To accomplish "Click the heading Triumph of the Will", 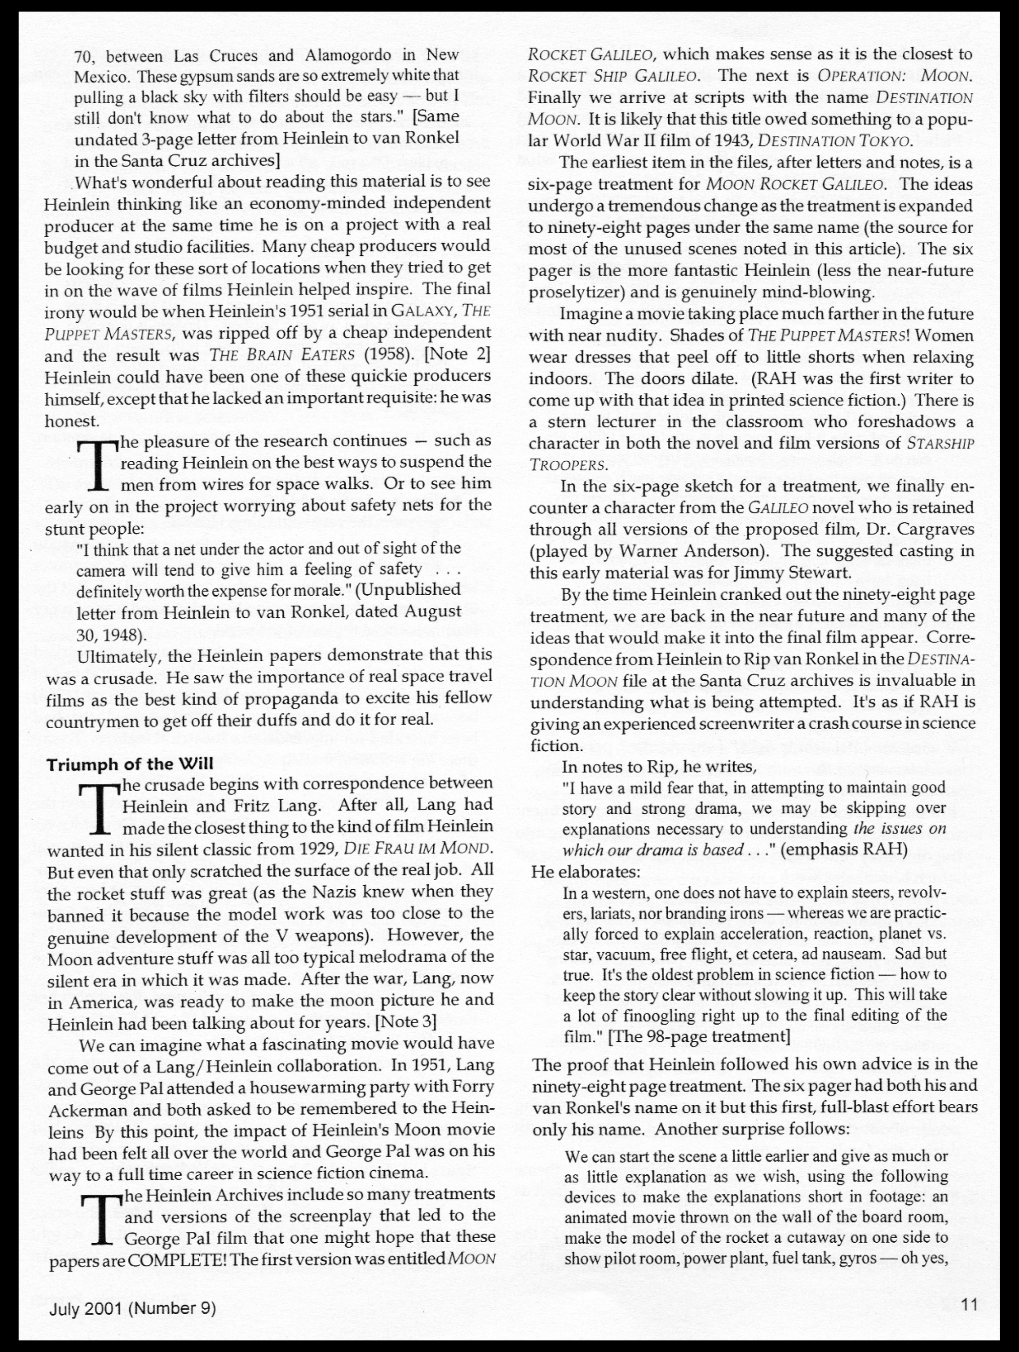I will pyautogui.click(x=130, y=764).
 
